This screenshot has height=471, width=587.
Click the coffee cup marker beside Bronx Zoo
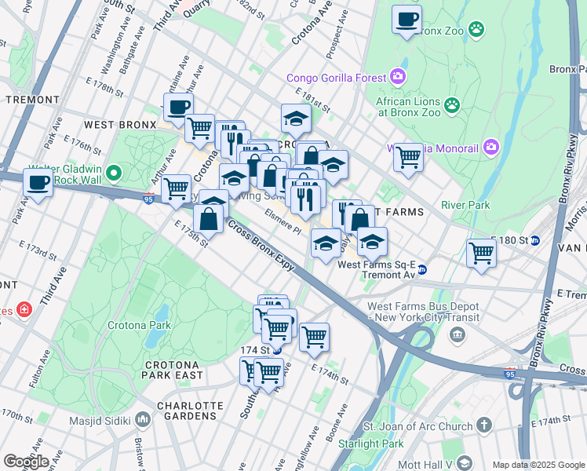point(407,20)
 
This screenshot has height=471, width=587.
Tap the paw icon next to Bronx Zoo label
point(476,30)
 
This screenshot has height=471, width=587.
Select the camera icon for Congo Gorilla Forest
point(398,77)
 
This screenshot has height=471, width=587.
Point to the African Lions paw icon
point(451,104)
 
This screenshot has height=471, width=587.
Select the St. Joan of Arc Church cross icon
point(484,425)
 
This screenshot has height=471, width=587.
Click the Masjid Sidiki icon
point(142,420)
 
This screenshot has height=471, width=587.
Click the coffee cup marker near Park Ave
point(37,183)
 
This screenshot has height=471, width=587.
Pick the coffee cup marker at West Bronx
point(177,108)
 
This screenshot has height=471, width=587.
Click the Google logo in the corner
point(25,461)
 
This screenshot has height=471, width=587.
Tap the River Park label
point(465,205)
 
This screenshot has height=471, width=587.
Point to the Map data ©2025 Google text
point(538,465)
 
